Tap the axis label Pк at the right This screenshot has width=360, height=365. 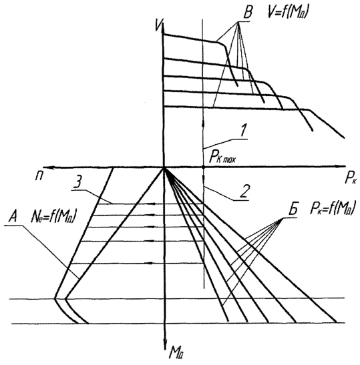[x=350, y=179]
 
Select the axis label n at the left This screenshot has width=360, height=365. [x=39, y=176]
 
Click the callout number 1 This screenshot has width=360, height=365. [x=243, y=131]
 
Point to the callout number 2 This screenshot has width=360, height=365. [x=245, y=192]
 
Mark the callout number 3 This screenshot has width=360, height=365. [x=77, y=183]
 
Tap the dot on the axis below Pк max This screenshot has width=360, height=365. [x=204, y=167]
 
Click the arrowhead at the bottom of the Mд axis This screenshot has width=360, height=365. [x=165, y=344]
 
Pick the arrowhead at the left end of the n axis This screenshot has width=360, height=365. [x=49, y=167]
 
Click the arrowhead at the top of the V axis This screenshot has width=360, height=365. [x=163, y=27]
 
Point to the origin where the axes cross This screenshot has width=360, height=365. [x=164, y=167]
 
